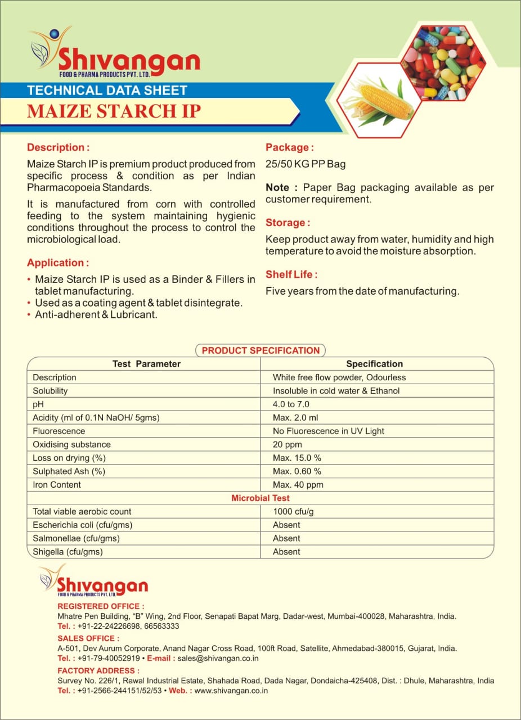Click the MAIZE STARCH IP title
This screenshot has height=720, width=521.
tap(114, 110)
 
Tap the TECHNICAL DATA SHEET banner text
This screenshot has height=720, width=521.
tap(107, 90)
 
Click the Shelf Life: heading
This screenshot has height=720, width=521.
tap(291, 274)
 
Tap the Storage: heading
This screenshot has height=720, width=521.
tap(288, 223)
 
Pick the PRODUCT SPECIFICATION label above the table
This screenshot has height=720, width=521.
tap(260, 350)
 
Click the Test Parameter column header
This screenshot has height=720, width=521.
tap(146, 364)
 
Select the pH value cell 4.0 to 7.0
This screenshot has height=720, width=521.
tap(291, 404)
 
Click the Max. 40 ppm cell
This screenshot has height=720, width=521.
tap(298, 485)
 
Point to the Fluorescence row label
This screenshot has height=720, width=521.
tap(59, 431)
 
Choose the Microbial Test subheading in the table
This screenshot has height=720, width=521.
tap(260, 498)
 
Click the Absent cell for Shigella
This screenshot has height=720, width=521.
tap(286, 552)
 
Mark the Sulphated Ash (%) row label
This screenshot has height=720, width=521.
tap(69, 471)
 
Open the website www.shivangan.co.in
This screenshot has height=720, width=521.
tap(231, 690)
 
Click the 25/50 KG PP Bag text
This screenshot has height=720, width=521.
tap(306, 164)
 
